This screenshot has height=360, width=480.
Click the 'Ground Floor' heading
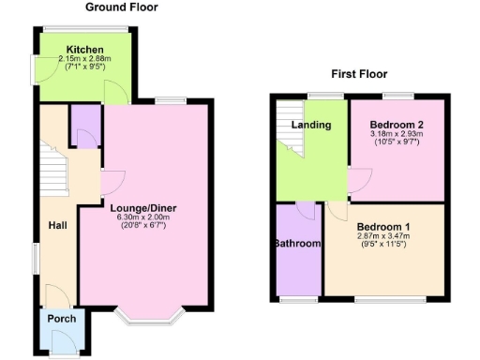click(x=122, y=7)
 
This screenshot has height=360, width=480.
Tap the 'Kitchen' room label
click(x=84, y=49)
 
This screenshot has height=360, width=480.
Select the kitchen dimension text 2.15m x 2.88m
click(x=84, y=58)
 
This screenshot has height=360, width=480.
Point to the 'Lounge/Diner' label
click(x=142, y=207)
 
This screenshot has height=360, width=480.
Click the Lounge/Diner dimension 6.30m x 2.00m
click(x=142, y=217)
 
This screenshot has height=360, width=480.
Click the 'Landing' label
click(x=310, y=125)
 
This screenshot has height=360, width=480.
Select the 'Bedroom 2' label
click(x=396, y=125)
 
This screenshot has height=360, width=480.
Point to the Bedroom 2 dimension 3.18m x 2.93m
click(x=396, y=134)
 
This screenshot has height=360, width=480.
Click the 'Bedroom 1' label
click(x=384, y=226)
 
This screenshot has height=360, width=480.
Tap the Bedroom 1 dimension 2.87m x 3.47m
click(x=384, y=235)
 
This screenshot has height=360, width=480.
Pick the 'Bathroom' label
click(x=298, y=244)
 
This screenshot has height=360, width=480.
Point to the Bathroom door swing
click(x=307, y=210)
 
